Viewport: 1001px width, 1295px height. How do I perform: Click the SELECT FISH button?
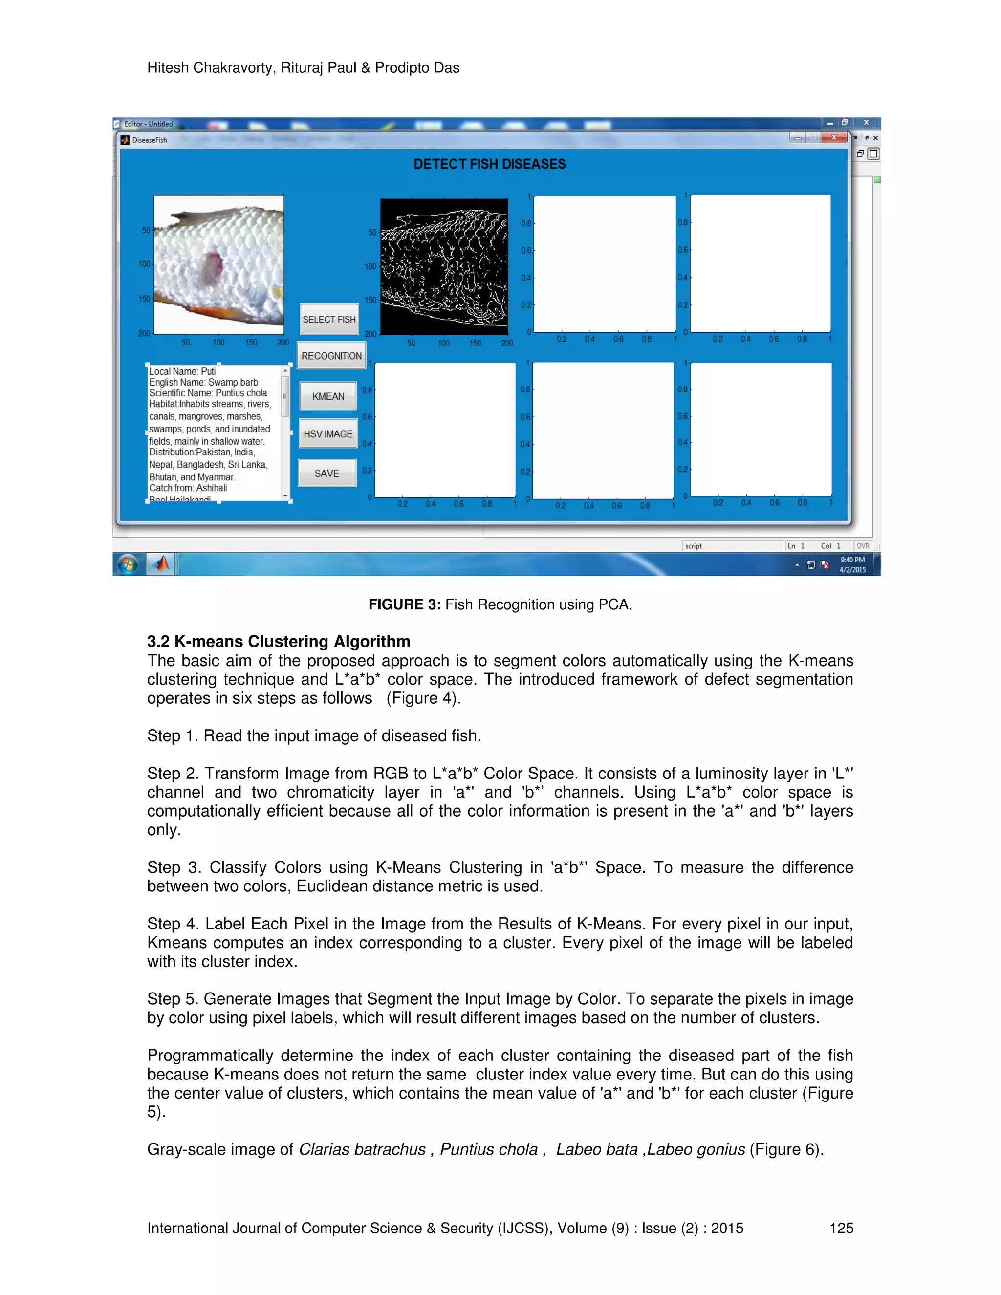(329, 319)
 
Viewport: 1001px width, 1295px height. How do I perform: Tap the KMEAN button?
(328, 396)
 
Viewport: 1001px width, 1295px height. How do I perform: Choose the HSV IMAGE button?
(328, 434)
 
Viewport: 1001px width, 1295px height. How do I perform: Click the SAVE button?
(327, 473)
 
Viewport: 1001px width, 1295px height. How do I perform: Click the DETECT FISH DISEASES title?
(489, 164)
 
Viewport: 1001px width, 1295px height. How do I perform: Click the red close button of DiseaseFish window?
(834, 138)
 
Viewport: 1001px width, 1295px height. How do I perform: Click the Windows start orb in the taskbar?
(128, 564)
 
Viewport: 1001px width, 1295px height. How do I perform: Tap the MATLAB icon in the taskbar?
(161, 564)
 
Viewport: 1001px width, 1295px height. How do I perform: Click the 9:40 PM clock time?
(852, 560)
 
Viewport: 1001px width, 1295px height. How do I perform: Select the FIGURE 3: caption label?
(404, 604)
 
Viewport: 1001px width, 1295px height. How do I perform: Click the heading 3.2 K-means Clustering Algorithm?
(279, 642)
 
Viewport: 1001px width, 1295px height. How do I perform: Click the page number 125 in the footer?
(841, 1228)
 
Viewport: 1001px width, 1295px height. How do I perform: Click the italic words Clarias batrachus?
(362, 1149)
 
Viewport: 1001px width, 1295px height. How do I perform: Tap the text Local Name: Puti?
(183, 372)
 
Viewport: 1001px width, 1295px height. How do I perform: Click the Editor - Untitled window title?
(148, 124)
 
